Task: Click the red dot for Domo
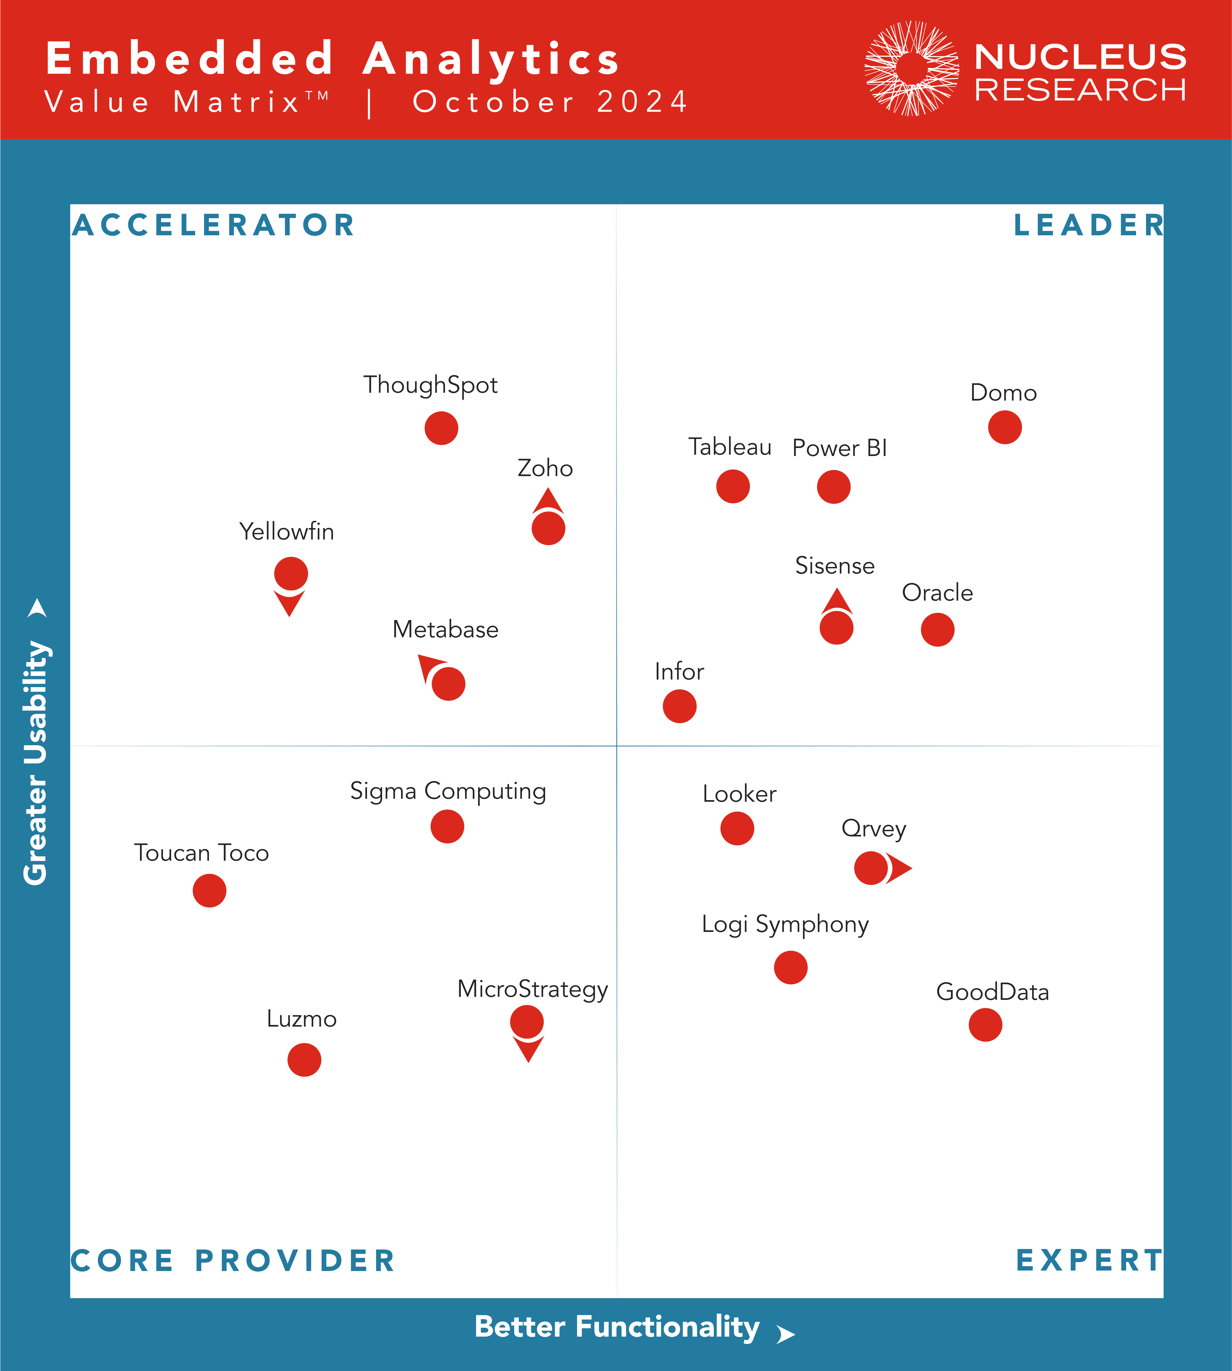(1005, 427)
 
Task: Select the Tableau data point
(732, 486)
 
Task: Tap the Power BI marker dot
(833, 487)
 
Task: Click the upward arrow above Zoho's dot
(548, 502)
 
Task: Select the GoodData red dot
(985, 1024)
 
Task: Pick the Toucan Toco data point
(209, 890)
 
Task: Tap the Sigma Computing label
(448, 791)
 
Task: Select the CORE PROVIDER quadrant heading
(233, 1261)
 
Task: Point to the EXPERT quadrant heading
(1088, 1261)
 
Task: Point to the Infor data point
(679, 706)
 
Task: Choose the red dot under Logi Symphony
(790, 967)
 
